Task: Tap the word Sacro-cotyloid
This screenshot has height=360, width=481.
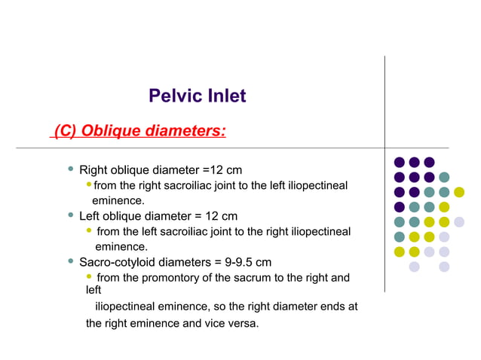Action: click(x=117, y=262)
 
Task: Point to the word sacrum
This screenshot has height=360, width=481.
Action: click(x=261, y=278)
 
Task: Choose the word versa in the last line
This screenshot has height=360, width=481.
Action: click(x=243, y=324)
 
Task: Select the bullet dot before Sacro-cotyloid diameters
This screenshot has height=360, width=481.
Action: click(x=70, y=262)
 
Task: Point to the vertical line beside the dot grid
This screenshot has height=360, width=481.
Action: click(x=384, y=173)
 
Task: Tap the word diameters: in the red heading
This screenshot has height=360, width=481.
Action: click(x=187, y=131)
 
